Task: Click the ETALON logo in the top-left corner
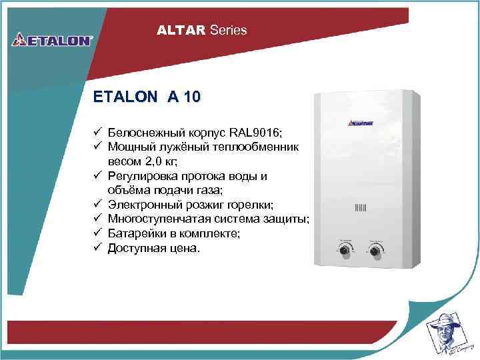tap(51, 39)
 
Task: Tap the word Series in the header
tap(228, 30)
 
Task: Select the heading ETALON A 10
tap(146, 97)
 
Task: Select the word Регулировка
tap(145, 176)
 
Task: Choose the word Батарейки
tap(135, 233)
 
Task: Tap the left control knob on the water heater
tap(347, 251)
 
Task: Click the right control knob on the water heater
tap(375, 251)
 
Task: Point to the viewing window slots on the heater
tap(361, 207)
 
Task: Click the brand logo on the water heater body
tap(361, 123)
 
